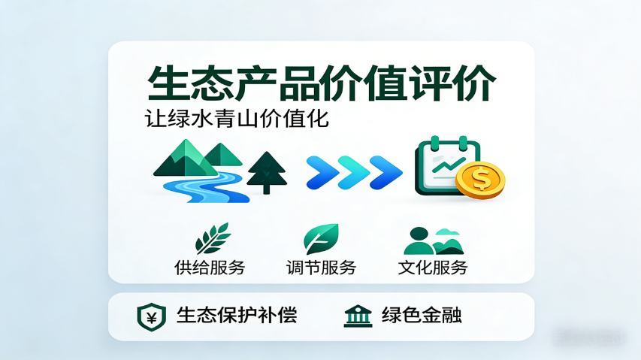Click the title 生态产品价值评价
[x=321, y=83]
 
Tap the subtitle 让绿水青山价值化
[x=237, y=119]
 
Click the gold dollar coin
[x=480, y=180]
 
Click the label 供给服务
[x=210, y=267]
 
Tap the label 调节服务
[x=321, y=267]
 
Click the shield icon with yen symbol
[x=151, y=316]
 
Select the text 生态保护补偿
[x=237, y=315]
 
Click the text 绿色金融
[x=422, y=315]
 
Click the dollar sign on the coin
[x=481, y=180]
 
